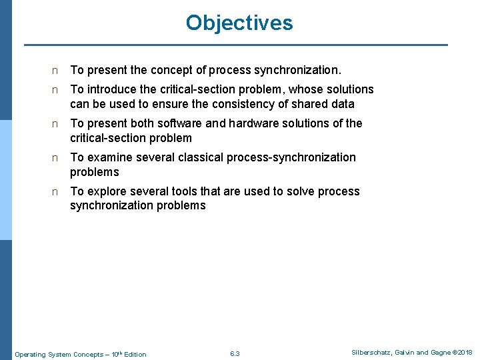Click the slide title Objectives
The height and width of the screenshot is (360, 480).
(x=239, y=23)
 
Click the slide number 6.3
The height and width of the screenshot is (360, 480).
(x=234, y=353)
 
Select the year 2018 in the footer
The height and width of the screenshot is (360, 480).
(x=465, y=352)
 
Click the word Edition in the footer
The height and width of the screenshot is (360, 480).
(x=135, y=354)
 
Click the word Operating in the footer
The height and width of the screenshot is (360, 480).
(x=31, y=354)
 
